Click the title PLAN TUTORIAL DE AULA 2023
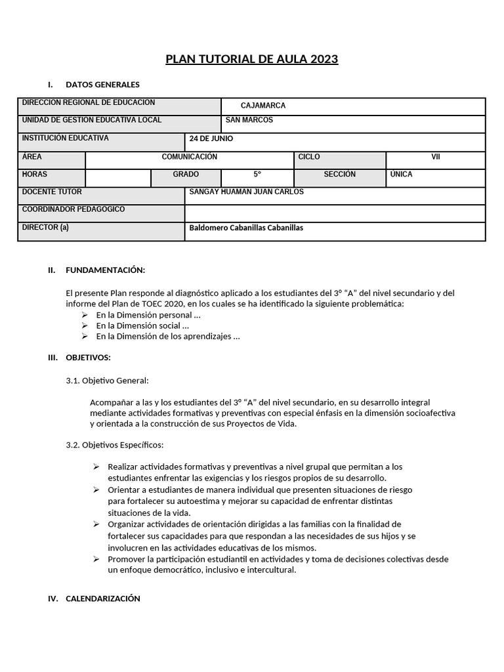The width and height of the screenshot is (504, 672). click(x=251, y=59)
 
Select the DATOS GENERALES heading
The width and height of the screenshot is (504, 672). click(x=102, y=85)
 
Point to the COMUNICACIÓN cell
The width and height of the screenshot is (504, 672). click(x=189, y=157)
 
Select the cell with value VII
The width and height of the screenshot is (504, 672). click(x=435, y=157)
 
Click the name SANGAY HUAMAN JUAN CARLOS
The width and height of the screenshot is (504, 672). click(x=246, y=192)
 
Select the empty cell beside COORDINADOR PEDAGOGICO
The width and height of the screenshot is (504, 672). click(x=335, y=213)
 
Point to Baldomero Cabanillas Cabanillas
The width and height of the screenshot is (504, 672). click(x=246, y=228)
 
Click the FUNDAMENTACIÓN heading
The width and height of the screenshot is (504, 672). click(x=105, y=270)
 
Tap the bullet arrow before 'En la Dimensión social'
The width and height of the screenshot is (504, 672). click(x=85, y=325)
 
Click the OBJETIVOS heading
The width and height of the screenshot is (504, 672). click(x=88, y=358)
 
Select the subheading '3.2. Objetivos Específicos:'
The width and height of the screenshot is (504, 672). click(x=114, y=445)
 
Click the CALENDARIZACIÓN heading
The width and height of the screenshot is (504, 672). click(x=103, y=598)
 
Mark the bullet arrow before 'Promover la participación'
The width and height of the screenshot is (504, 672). click(x=96, y=559)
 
